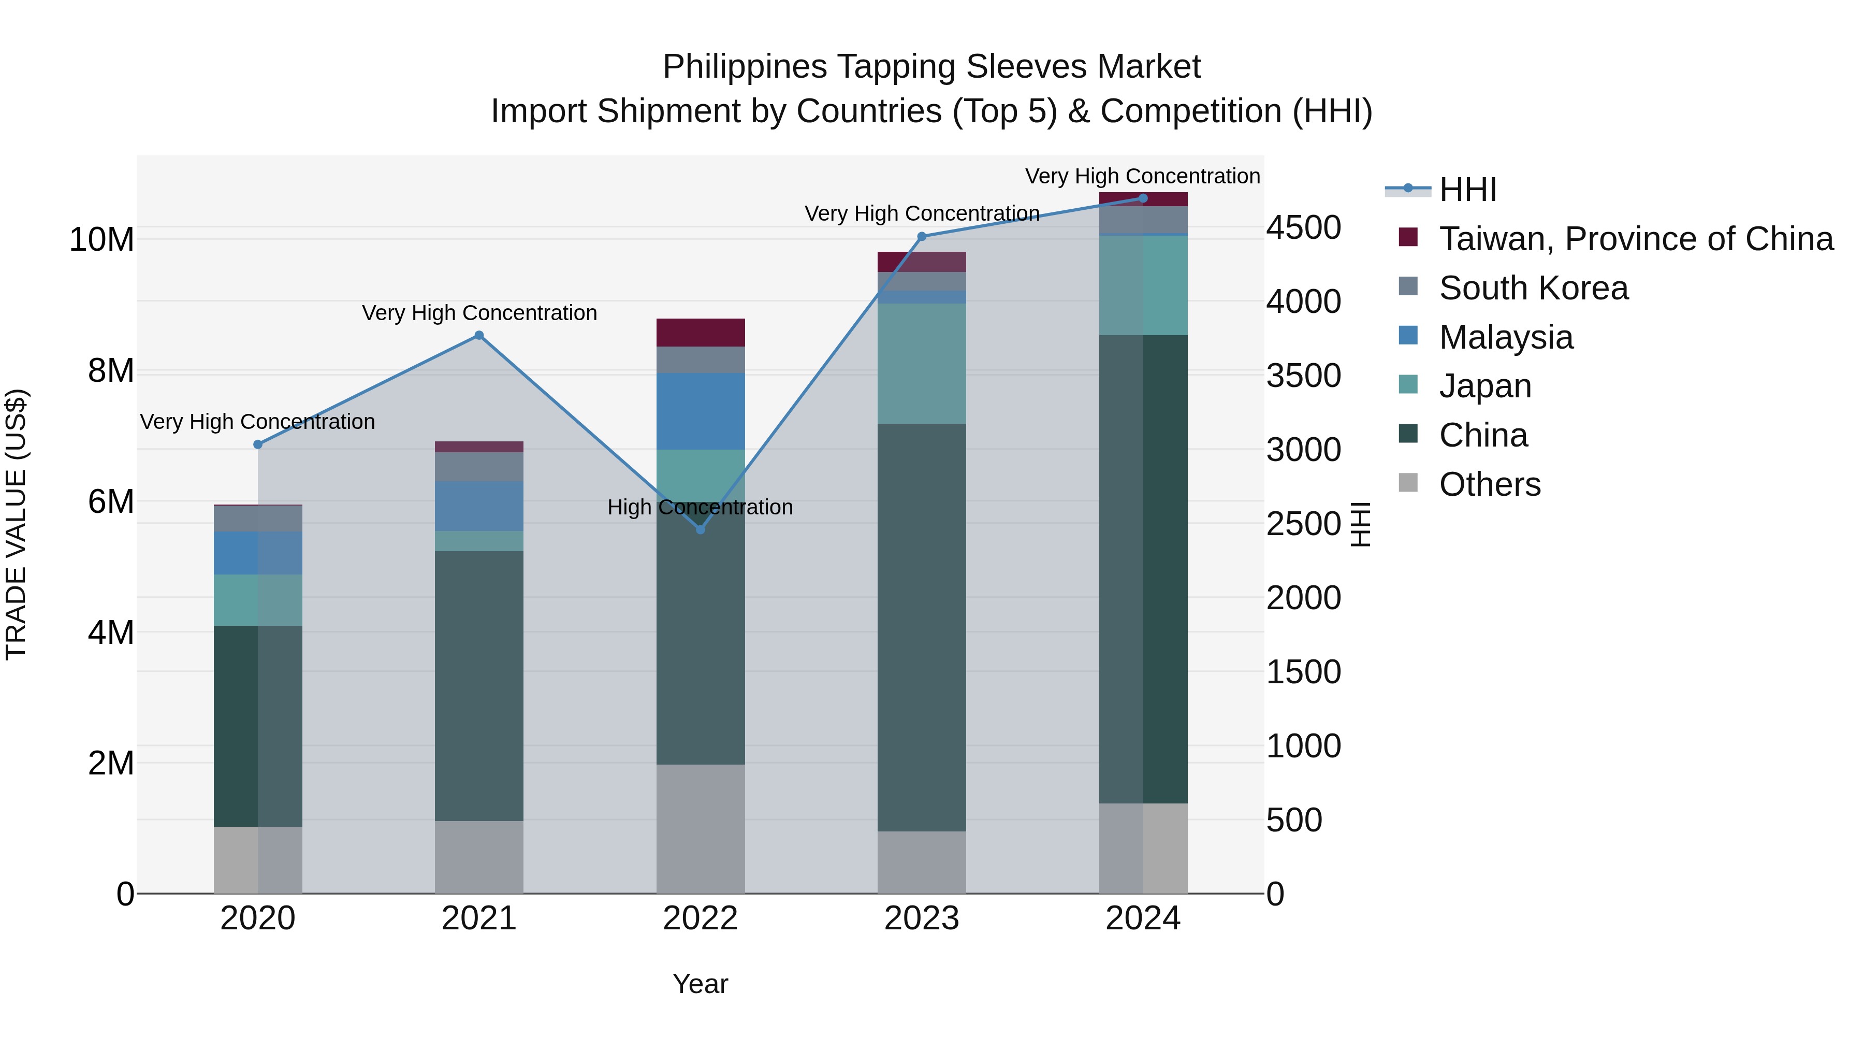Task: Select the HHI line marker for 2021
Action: point(478,335)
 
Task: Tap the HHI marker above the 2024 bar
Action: point(1143,198)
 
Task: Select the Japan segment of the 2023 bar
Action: point(921,364)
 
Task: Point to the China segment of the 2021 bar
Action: point(478,685)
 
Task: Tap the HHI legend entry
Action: point(1467,190)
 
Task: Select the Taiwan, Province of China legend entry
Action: point(1635,239)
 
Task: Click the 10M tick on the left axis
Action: point(101,240)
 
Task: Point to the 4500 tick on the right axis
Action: point(1303,227)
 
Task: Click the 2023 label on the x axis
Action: point(921,918)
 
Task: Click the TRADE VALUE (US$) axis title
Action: point(16,524)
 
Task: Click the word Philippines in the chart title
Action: point(745,67)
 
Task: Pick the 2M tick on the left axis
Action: point(111,763)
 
